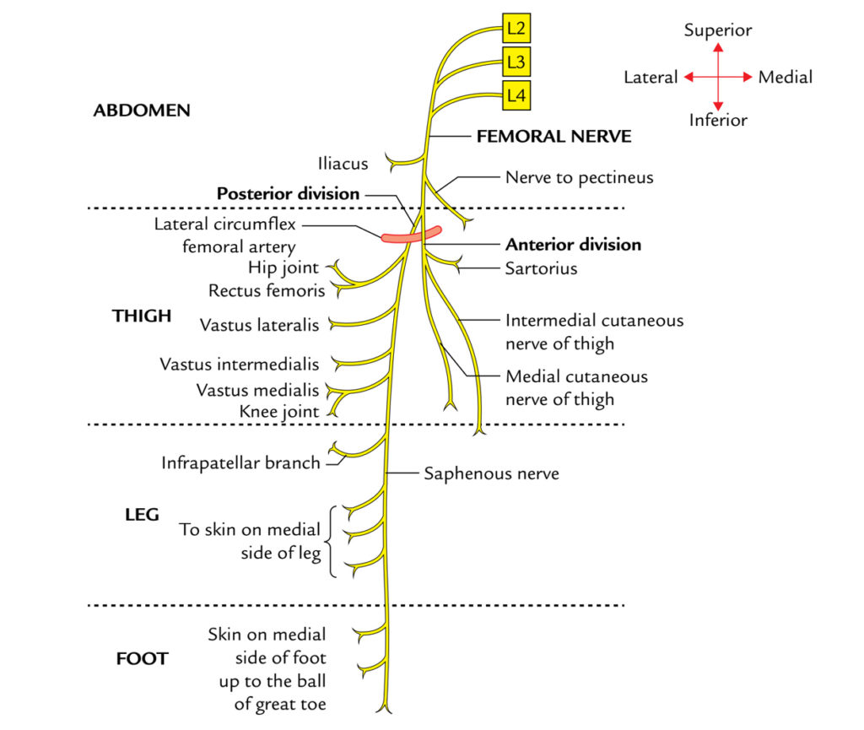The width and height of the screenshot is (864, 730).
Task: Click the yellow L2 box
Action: tap(516, 30)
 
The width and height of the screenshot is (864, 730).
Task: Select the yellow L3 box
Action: tap(516, 62)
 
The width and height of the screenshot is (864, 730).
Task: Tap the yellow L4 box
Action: tap(516, 95)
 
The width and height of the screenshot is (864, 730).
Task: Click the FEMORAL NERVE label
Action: tap(553, 136)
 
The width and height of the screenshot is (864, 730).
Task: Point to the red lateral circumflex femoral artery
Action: tap(411, 235)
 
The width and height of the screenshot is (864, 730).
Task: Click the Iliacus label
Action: tap(343, 163)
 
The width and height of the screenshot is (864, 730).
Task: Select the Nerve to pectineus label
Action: tap(579, 177)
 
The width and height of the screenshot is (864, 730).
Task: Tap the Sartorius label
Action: tap(540, 268)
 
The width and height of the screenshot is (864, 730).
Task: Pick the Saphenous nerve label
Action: tap(491, 473)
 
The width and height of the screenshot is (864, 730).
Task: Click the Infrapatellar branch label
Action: tap(240, 462)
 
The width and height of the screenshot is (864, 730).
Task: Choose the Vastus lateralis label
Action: tap(260, 324)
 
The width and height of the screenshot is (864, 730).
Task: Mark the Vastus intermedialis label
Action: tap(240, 365)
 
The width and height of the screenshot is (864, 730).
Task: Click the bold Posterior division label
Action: tap(288, 193)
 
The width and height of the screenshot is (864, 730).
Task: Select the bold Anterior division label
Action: tap(573, 245)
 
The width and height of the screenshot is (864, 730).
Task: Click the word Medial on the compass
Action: tap(785, 78)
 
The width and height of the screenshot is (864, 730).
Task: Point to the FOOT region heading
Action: tap(142, 659)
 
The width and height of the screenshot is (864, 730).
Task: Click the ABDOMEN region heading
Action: tap(142, 111)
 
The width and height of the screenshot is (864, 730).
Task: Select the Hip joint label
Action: tap(283, 268)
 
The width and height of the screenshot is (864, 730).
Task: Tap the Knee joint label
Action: tap(282, 412)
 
